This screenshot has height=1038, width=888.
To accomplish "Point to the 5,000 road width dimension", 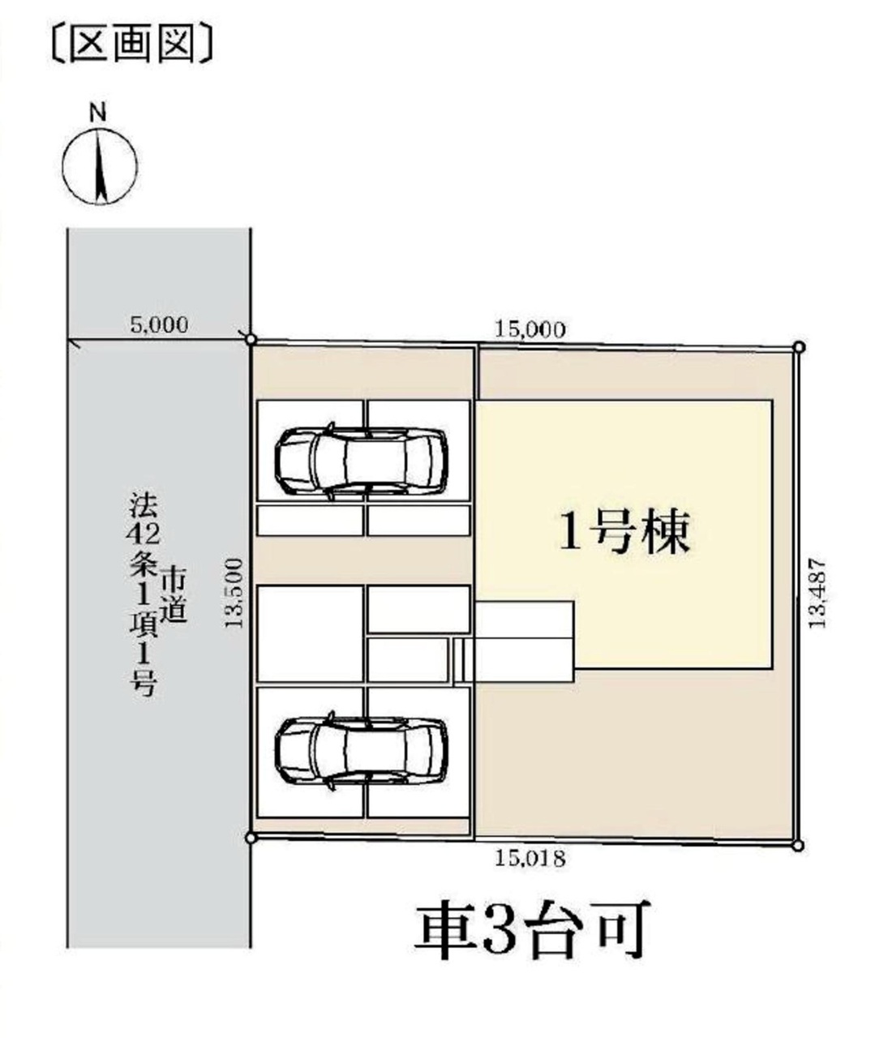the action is click(159, 325).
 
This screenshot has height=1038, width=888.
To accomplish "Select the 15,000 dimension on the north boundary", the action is click(530, 330).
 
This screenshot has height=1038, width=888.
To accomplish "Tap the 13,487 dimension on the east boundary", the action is click(817, 593).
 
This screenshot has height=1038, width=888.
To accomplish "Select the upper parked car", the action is click(361, 461).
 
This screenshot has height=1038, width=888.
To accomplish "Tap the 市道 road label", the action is click(174, 597).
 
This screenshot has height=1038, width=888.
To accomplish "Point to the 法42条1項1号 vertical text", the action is click(144, 594).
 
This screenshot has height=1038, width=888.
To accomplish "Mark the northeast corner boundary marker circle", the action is click(800, 347).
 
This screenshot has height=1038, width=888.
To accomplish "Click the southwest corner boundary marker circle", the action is click(251, 837).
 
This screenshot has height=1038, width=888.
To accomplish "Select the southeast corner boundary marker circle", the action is click(798, 846).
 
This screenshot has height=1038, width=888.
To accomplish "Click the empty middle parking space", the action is click(310, 633).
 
